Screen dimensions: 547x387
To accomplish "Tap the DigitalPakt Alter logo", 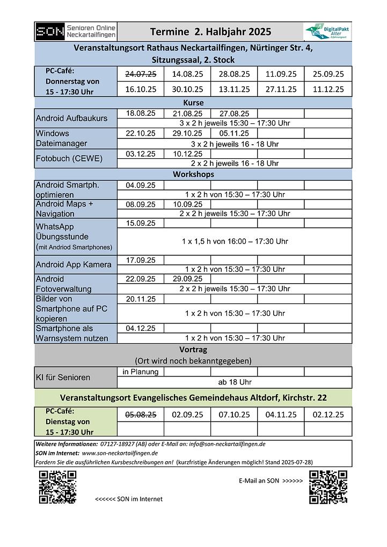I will click(x=325, y=32).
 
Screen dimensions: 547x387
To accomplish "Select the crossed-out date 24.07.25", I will click(x=141, y=74).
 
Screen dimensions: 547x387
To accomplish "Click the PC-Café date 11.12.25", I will click(x=328, y=89).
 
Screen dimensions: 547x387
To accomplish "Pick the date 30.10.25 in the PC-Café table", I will click(x=187, y=89).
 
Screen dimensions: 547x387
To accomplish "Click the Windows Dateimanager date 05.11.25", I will click(x=234, y=133).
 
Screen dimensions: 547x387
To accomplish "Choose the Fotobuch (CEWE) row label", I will click(x=69, y=158).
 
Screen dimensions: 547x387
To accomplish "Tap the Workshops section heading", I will click(x=193, y=174).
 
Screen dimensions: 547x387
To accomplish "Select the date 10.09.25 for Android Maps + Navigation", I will click(x=187, y=204).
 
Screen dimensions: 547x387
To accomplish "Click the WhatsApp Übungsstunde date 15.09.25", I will click(x=141, y=223).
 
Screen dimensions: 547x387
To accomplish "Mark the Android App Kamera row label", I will click(x=74, y=264).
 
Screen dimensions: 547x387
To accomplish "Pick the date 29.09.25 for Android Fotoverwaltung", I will click(x=187, y=279).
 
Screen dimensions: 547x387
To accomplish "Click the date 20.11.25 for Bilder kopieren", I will click(x=141, y=299).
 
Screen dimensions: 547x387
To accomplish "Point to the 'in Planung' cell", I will click(x=141, y=372).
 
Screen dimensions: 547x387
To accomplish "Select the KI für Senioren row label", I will click(x=63, y=377).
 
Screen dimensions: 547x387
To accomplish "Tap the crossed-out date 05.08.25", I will click(x=141, y=415).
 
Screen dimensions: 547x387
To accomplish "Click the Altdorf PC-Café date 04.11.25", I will click(x=281, y=415).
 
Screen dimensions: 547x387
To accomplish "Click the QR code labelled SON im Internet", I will click(x=57, y=486).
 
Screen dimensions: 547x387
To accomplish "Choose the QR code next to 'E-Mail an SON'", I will click(x=328, y=486).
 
